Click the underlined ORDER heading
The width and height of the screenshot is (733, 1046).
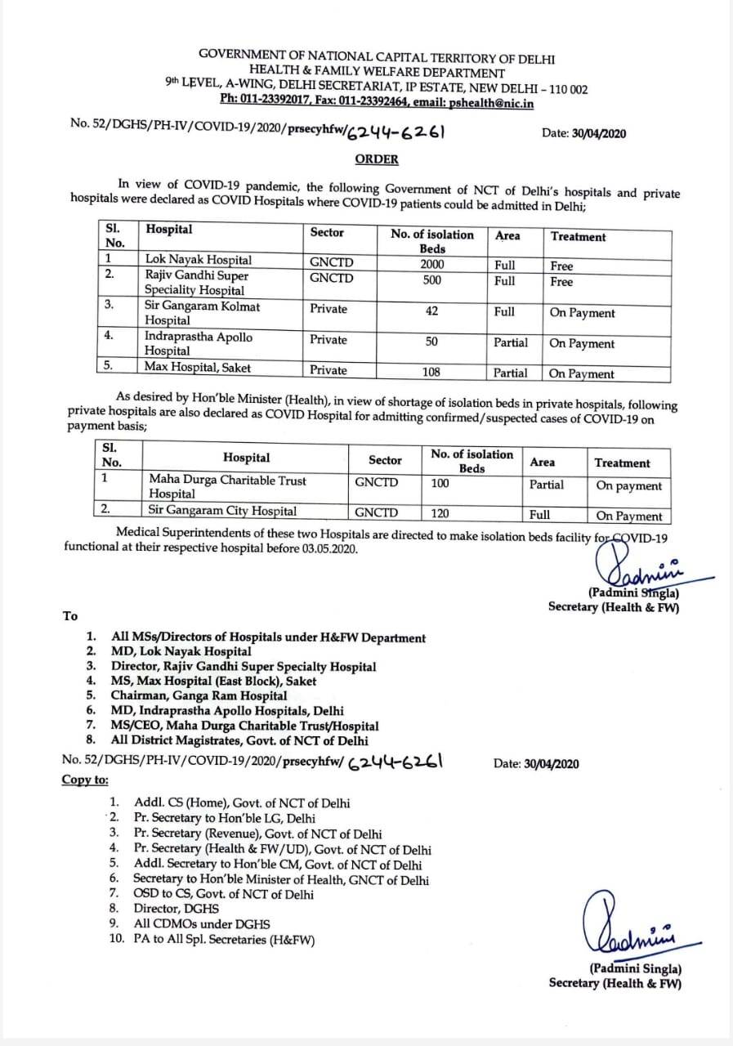pyautogui.click(x=377, y=159)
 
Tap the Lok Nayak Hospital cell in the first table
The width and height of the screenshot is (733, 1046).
pyautogui.click(x=198, y=261)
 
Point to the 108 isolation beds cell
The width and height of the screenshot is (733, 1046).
pyautogui.click(x=431, y=372)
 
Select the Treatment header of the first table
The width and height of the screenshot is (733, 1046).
pyautogui.click(x=578, y=237)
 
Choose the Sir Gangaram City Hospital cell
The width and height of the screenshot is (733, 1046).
pyautogui.click(x=222, y=512)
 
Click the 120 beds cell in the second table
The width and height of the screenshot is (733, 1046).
pyautogui.click(x=440, y=513)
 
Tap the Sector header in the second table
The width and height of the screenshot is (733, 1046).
pyautogui.click(x=385, y=461)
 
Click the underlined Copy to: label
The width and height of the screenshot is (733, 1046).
pyautogui.click(x=85, y=780)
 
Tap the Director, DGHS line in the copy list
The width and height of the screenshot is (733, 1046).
pyautogui.click(x=177, y=909)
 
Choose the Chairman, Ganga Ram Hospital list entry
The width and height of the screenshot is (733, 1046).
pyautogui.click(x=199, y=696)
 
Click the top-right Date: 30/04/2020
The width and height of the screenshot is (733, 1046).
pyautogui.click(x=584, y=134)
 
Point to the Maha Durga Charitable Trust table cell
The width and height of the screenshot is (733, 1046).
pyautogui.click(x=227, y=487)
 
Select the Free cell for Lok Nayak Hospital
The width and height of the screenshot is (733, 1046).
pyautogui.click(x=561, y=266)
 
